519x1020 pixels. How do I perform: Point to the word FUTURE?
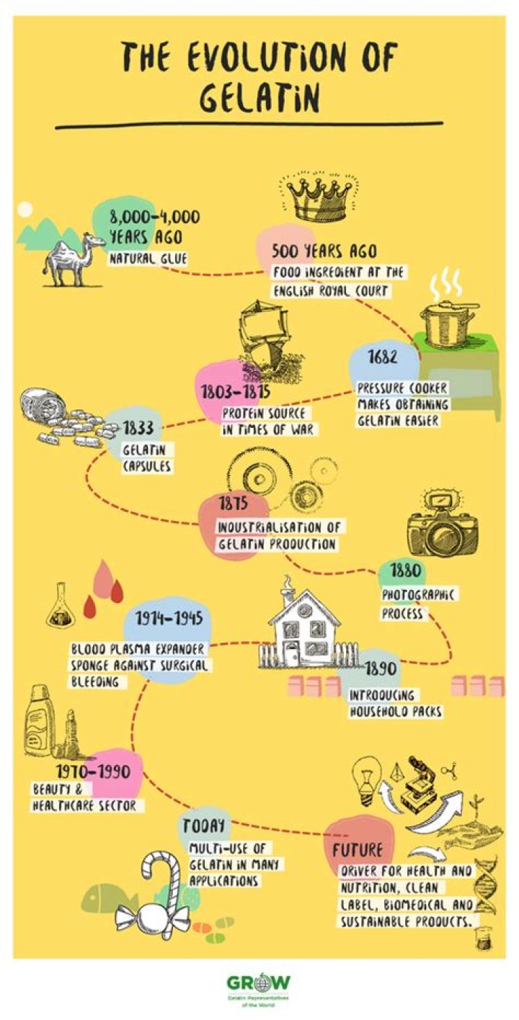point(358,849)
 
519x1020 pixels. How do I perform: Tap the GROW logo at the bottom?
point(259,983)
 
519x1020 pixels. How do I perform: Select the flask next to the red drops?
point(58,611)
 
